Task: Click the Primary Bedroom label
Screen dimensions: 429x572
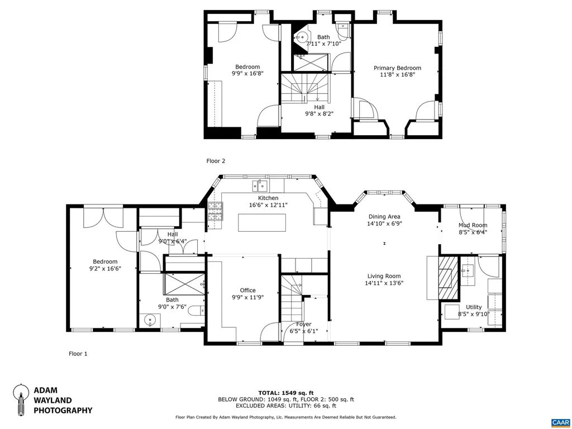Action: click(x=397, y=68)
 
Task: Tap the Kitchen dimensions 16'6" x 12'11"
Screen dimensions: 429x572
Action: click(x=268, y=205)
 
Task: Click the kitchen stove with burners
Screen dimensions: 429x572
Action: click(x=214, y=211)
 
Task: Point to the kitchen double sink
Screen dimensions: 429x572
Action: click(x=260, y=185)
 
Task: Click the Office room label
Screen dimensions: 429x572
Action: click(x=247, y=290)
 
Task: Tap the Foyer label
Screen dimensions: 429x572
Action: click(x=304, y=324)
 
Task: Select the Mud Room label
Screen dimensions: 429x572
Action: click(x=473, y=225)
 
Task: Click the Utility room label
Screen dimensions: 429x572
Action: click(x=474, y=307)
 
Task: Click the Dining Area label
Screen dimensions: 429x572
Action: click(x=384, y=216)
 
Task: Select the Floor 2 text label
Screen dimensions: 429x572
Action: click(x=216, y=161)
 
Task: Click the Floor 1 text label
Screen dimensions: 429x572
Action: click(x=78, y=354)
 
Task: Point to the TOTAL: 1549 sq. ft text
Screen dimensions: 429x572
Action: click(x=285, y=393)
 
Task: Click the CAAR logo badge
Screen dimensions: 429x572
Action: click(x=559, y=422)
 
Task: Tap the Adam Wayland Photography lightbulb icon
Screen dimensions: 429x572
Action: click(x=21, y=399)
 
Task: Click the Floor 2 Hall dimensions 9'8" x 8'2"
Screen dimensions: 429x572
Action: click(x=319, y=114)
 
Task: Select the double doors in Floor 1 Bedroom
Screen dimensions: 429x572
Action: click(x=103, y=217)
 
